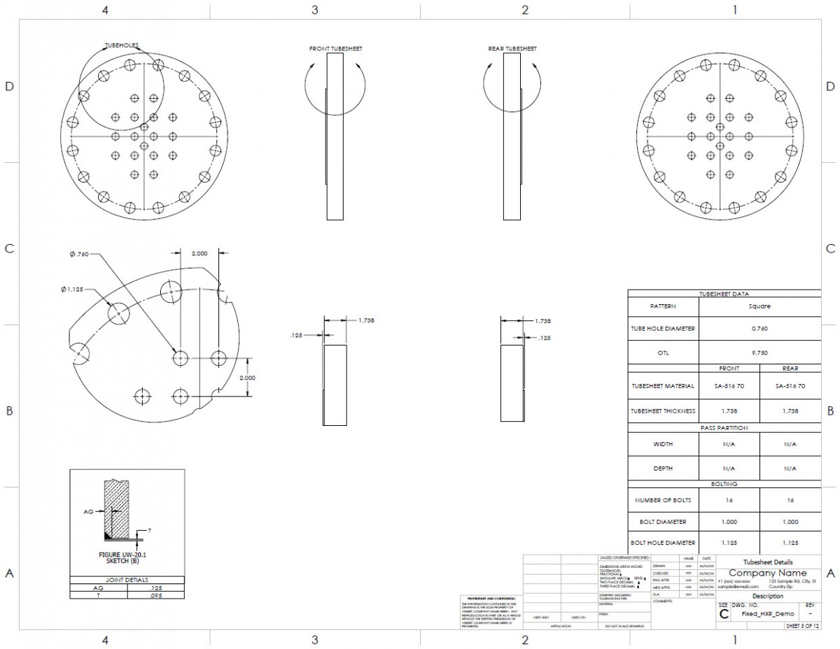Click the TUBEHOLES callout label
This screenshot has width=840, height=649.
(121, 45)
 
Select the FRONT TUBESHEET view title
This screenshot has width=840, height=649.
(335, 49)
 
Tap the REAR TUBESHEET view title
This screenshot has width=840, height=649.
(512, 49)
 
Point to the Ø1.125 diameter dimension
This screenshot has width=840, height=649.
(73, 289)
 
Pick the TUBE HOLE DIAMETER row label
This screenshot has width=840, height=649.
(663, 329)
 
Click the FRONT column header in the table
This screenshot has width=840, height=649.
(729, 368)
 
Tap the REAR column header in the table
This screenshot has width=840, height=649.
(790, 368)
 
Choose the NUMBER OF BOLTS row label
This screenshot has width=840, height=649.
(663, 500)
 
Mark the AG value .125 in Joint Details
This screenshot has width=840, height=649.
(155, 588)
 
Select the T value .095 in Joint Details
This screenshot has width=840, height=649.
(155, 596)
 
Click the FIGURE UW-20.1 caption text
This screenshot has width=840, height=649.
(127, 557)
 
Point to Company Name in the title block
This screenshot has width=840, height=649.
(767, 573)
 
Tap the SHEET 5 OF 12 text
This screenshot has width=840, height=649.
(802, 626)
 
